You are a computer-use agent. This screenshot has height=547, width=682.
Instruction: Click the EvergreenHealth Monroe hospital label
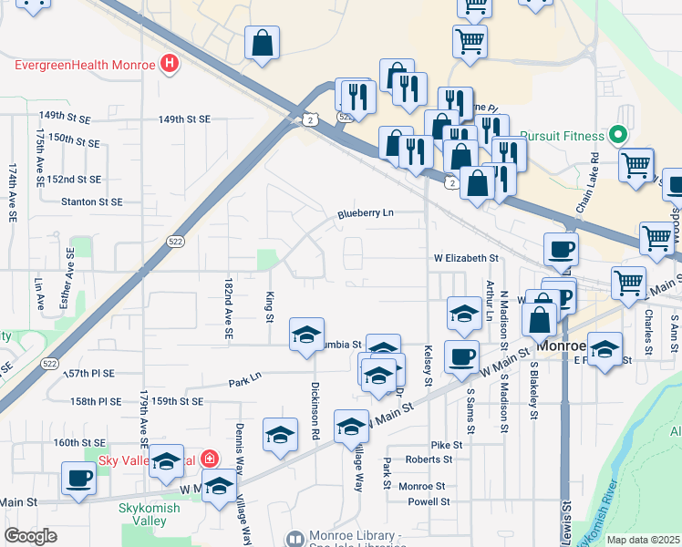85,65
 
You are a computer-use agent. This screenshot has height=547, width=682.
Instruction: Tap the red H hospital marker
169,64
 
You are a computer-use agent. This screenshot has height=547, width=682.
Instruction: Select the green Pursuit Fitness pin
618,137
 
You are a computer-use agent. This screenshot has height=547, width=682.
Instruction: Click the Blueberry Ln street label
365,213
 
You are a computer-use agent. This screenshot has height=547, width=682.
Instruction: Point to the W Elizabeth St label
466,259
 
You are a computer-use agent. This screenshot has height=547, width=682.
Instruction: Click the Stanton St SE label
91,201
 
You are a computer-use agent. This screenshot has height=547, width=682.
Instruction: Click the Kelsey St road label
428,365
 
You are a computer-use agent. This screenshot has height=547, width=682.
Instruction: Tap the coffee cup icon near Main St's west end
77,479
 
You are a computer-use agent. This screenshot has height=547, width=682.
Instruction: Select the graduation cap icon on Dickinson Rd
306,334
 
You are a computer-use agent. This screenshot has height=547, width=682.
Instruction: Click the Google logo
30,535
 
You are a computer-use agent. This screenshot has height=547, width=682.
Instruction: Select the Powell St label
429,501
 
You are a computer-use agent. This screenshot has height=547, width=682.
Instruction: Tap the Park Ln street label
244,377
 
